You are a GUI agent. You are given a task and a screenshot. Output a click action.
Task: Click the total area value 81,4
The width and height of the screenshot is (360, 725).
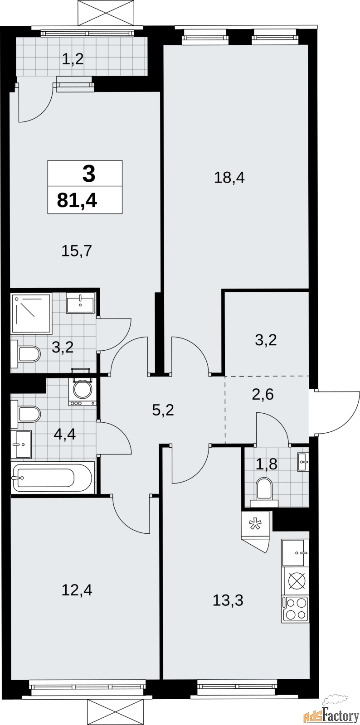[x=77, y=200]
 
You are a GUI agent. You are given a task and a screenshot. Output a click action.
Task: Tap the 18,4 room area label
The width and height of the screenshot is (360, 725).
[x=229, y=178]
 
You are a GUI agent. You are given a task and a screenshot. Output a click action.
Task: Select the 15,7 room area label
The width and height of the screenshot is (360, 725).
[x=77, y=251]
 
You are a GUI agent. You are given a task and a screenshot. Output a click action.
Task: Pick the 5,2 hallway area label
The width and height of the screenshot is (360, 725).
[x=163, y=411]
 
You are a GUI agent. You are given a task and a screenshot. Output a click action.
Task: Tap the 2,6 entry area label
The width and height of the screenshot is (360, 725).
[x=263, y=394]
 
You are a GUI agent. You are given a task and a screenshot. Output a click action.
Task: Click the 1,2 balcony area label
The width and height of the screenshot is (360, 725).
[x=73, y=59]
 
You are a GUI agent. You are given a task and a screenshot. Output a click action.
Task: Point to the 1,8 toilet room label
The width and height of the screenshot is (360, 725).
[x=267, y=464]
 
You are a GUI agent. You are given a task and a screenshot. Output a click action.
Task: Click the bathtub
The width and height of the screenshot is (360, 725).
[x=53, y=478]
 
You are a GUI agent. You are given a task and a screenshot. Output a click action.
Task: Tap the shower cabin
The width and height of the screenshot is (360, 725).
[x=31, y=314]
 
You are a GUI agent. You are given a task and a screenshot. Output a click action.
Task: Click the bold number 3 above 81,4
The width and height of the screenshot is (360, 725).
[x=89, y=173]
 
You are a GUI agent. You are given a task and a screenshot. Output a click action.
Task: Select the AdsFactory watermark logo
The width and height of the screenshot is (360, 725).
[x=331, y=713]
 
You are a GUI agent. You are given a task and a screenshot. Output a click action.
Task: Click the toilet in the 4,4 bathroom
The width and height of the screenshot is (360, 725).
[x=25, y=414]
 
